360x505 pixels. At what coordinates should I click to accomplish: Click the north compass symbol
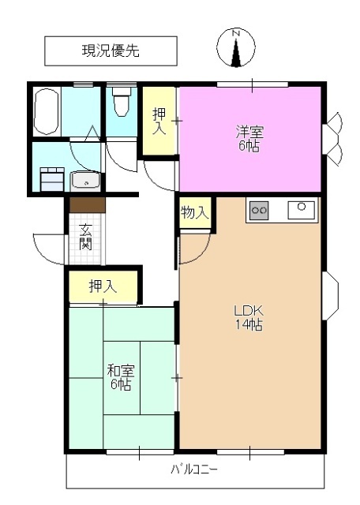[x=235, y=47]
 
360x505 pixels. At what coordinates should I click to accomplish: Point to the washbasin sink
[x=84, y=181]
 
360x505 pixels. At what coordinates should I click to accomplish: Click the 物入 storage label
[x=193, y=212]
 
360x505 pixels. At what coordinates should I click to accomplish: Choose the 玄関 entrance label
[x=85, y=237]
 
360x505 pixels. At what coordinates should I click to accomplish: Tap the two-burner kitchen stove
[x=259, y=211]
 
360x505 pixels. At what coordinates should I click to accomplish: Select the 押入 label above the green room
[x=103, y=286]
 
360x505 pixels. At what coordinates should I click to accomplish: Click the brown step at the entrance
[x=86, y=204]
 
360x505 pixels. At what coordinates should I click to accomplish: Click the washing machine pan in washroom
[x=52, y=178]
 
